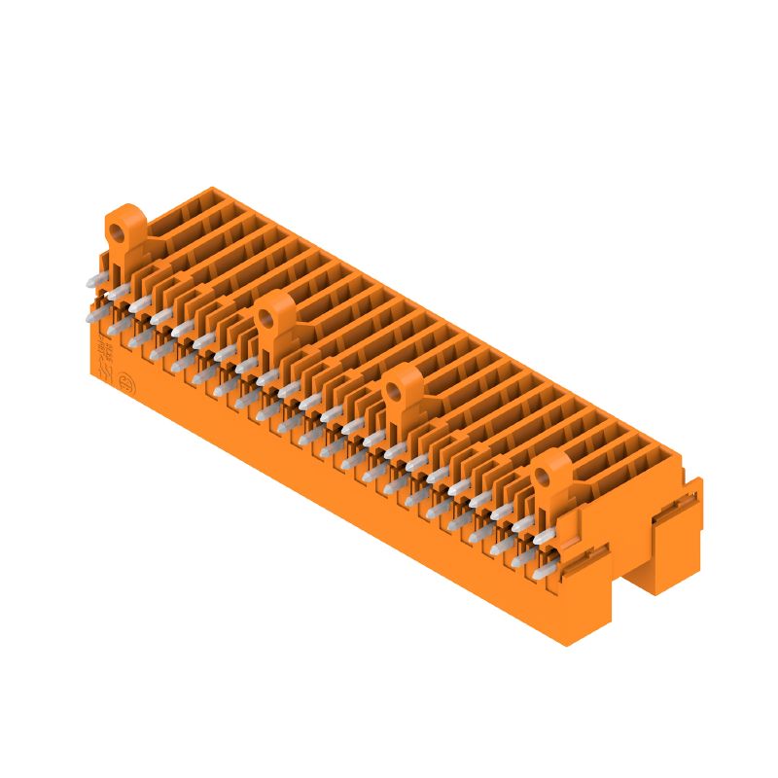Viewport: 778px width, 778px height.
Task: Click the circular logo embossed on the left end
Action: tap(125, 383)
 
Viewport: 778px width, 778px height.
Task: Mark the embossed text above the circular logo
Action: tap(102, 353)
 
